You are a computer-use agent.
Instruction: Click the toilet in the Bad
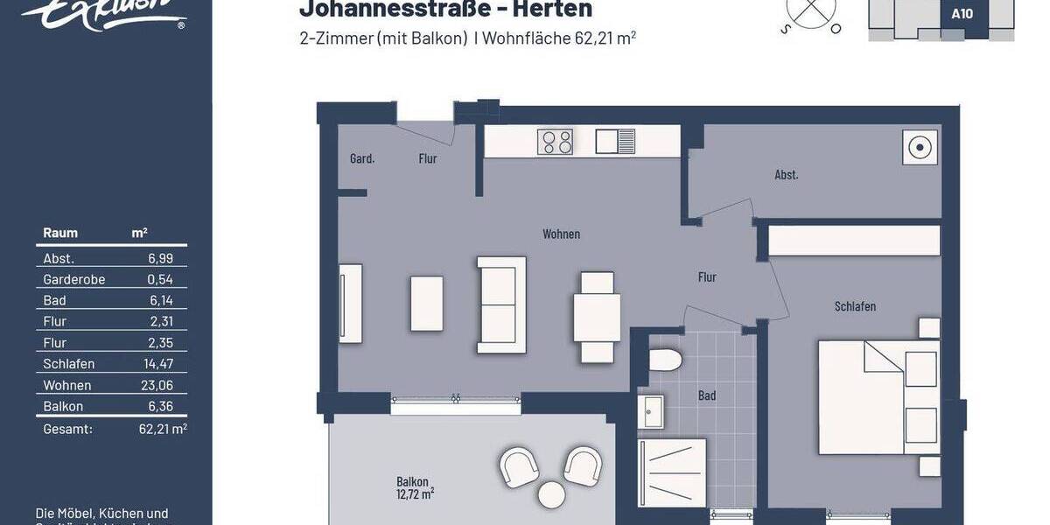(x=666, y=360)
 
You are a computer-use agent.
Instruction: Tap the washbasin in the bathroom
(x=652, y=411)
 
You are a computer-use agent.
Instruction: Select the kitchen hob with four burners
(x=555, y=142)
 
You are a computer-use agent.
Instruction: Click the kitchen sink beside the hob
(x=615, y=141)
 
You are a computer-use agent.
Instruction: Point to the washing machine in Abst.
(x=920, y=147)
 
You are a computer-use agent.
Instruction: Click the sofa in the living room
(x=501, y=304)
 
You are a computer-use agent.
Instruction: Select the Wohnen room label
(x=561, y=234)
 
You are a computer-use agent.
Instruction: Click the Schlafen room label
(x=855, y=306)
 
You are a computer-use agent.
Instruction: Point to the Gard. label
(x=362, y=159)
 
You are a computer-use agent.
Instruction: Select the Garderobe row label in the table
(x=73, y=280)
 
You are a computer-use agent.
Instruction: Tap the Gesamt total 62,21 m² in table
(x=163, y=430)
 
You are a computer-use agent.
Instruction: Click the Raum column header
(x=60, y=233)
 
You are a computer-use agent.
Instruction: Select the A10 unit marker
(x=962, y=14)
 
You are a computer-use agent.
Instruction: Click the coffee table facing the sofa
(x=426, y=303)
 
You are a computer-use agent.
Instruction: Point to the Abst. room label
(x=786, y=175)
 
